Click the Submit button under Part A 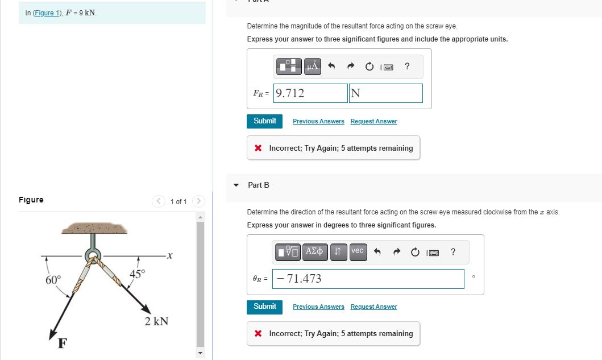pos(265,121)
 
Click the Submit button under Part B pos(265,307)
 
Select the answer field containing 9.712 pos(310,93)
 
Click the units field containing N pos(385,93)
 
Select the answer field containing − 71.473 pos(368,279)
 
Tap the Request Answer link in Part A pos(373,122)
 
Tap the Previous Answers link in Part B pos(318,307)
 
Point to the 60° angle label pos(53,280)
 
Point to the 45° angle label pos(138,274)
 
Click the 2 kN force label pos(156,321)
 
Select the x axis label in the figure pos(169,257)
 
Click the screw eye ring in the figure pos(91,255)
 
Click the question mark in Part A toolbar pos(407,67)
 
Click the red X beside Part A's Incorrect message pos(258,148)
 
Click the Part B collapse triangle pos(236,185)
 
